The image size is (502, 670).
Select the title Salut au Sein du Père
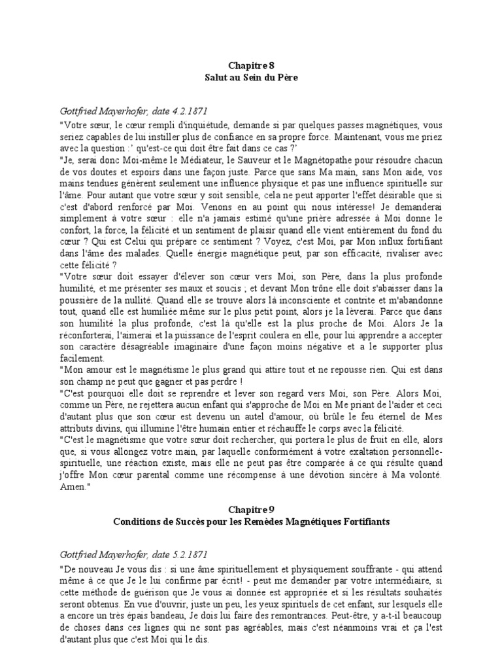[250, 77]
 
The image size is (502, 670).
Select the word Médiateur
[195, 160]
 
